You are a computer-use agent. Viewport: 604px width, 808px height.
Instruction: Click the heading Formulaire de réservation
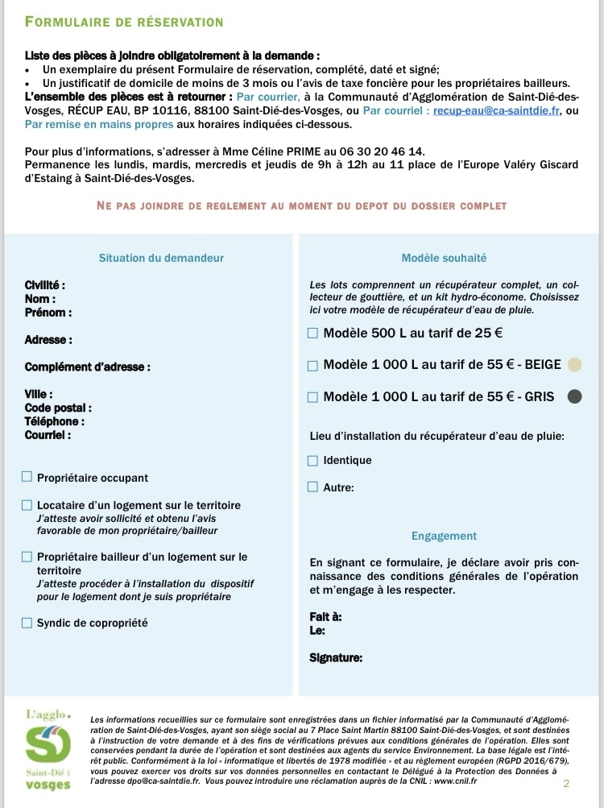point(124,22)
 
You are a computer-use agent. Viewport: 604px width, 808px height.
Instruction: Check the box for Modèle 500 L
point(313,333)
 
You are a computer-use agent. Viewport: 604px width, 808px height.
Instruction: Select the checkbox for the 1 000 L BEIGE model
point(313,365)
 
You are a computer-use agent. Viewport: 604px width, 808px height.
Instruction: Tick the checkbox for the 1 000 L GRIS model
point(313,396)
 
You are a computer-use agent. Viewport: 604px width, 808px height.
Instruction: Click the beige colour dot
point(574,364)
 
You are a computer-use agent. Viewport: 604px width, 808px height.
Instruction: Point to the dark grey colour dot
point(574,396)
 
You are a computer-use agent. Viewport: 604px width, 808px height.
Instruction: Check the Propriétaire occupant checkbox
point(27,477)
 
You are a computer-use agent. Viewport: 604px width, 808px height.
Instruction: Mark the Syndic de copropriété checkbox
point(27,622)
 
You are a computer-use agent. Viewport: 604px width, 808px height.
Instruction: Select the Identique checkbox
point(313,461)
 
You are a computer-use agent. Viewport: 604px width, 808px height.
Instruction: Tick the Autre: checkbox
point(313,487)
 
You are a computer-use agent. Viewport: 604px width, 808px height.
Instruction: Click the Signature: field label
point(336,657)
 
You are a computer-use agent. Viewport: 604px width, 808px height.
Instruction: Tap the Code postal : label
point(58,408)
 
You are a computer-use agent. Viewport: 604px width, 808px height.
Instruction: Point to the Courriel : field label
point(48,435)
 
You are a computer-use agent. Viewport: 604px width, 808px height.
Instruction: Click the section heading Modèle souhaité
point(444,258)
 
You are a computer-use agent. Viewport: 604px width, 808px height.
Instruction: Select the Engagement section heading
point(444,536)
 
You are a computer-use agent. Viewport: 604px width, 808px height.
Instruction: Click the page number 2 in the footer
point(566,783)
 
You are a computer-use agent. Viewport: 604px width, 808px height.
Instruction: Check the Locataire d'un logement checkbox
point(27,505)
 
